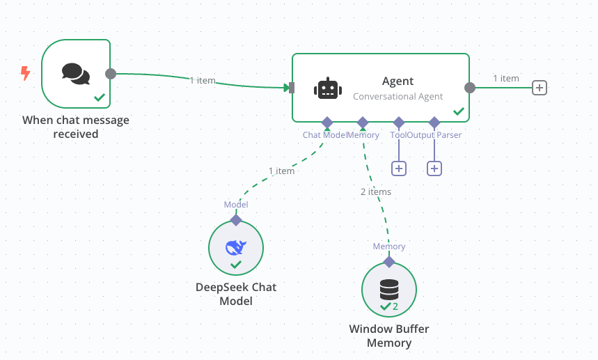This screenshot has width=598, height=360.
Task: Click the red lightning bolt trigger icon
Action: click(25, 73)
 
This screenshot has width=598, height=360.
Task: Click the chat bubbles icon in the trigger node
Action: click(76, 74)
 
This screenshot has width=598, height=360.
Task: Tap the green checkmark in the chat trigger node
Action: click(100, 97)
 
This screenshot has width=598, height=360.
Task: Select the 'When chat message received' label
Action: click(75, 127)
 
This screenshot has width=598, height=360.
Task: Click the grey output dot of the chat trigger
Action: click(111, 74)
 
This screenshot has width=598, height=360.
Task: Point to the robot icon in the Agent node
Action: click(328, 88)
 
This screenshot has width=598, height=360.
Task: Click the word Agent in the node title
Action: click(398, 81)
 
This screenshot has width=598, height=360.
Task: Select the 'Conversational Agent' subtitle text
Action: click(398, 97)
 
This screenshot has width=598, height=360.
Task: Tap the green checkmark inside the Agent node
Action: click(459, 111)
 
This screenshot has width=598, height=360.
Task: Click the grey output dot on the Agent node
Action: click(470, 88)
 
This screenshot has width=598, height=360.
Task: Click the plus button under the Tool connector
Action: click(399, 169)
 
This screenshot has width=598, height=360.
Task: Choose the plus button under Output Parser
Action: click(434, 169)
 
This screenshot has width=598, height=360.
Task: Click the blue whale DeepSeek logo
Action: click(236, 247)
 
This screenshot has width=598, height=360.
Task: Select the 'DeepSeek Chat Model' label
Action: click(236, 294)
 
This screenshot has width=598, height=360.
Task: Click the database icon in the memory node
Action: click(389, 290)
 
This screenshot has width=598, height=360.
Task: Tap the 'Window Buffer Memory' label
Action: click(389, 336)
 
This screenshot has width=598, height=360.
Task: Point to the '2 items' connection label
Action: click(376, 191)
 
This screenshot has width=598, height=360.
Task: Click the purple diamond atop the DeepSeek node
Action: click(236, 220)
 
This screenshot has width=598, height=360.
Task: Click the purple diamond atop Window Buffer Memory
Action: click(389, 262)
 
